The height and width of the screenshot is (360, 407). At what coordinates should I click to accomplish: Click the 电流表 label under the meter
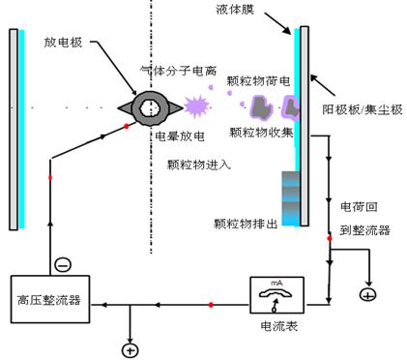278,327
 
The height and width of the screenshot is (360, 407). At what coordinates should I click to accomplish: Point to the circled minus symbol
63,261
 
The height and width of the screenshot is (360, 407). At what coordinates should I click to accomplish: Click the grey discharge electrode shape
151,106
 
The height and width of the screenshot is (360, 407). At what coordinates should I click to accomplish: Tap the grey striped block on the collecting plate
290,196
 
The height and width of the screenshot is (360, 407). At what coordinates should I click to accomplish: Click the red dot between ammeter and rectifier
210,306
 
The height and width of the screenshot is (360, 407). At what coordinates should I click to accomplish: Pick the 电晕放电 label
179,137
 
